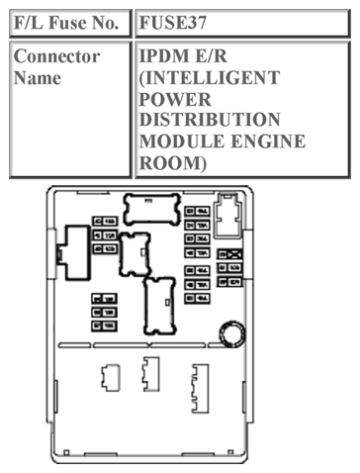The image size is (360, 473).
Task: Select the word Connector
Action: [x=56, y=56]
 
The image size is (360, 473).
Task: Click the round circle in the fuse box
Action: [x=231, y=333]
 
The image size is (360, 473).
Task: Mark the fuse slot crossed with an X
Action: [x=234, y=254]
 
